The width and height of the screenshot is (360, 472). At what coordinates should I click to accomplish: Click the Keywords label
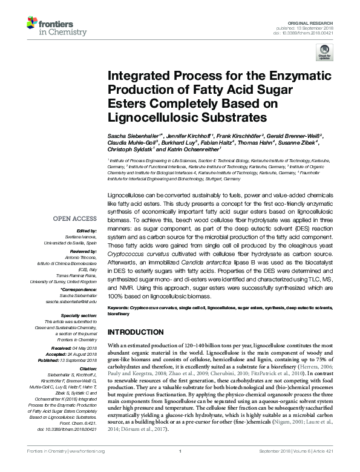(119, 308)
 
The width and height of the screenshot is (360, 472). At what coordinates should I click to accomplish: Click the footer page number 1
(180, 467)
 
